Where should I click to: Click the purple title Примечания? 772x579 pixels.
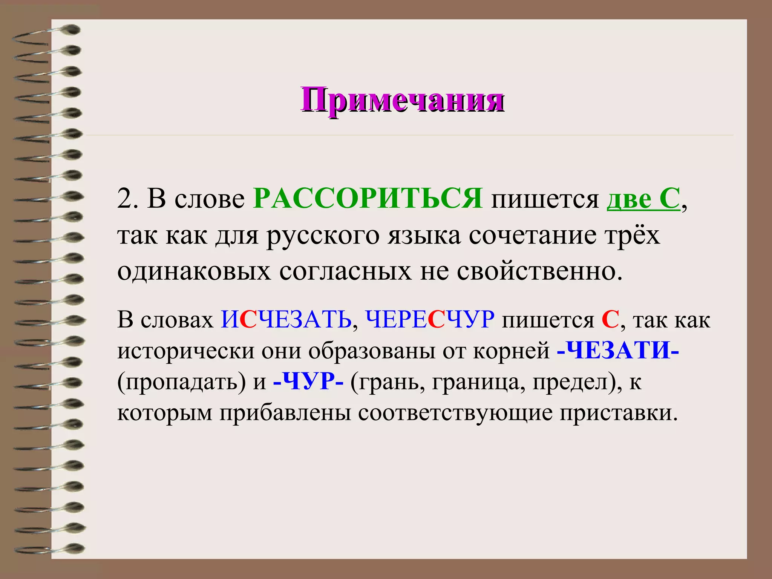[402, 100]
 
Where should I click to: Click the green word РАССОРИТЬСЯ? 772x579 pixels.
[368, 198]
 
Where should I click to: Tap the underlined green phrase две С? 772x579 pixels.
[643, 198]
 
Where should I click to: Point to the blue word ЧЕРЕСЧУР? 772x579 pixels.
[429, 320]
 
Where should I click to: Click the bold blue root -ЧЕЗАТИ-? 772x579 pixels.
[618, 351]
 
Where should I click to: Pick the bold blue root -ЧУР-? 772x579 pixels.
[308, 381]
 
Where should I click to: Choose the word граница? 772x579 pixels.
[478, 382]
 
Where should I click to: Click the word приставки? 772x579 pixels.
[618, 413]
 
